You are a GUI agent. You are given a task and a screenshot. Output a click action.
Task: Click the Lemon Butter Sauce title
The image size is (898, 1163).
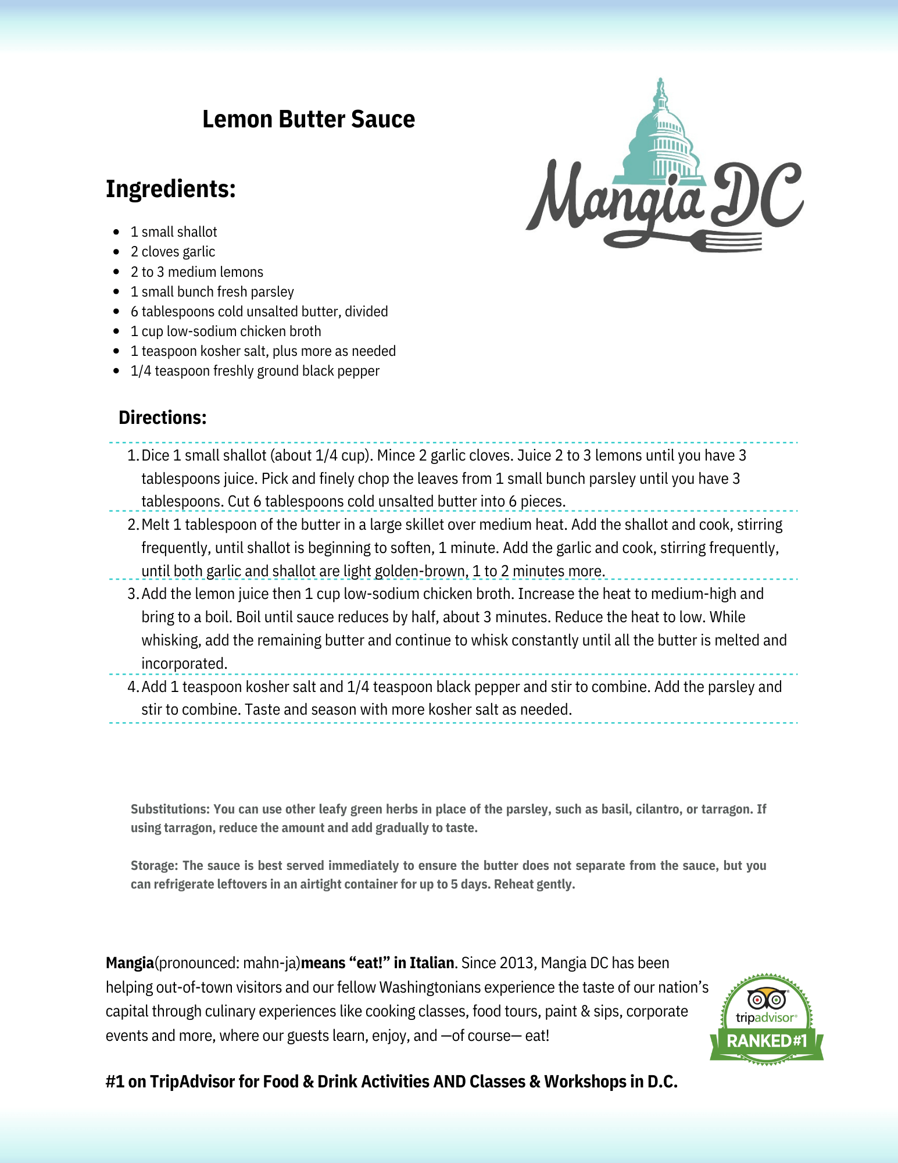pos(308,119)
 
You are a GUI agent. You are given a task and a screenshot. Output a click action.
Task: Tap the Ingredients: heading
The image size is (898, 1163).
pos(170,189)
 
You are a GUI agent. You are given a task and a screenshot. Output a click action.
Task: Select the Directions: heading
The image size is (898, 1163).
pos(162,418)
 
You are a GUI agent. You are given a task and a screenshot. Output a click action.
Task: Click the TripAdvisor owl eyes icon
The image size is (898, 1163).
pos(766,999)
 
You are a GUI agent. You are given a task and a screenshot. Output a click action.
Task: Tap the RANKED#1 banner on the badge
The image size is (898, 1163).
pos(767,1040)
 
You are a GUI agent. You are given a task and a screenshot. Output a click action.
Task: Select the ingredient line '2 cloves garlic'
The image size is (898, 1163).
pos(173,252)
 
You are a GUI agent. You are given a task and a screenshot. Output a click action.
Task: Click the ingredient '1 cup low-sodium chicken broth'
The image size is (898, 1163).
pos(226,331)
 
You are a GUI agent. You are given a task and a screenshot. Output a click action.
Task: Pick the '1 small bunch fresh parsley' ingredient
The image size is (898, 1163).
pos(212,292)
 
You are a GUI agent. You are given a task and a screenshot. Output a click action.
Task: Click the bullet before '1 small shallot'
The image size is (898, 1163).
pos(117,232)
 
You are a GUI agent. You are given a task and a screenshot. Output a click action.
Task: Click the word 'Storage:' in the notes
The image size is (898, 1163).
pos(154,865)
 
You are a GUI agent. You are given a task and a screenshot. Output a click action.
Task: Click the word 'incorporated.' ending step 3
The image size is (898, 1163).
pos(184,663)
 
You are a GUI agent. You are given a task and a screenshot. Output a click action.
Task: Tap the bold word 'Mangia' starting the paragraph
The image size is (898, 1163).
pos(130,963)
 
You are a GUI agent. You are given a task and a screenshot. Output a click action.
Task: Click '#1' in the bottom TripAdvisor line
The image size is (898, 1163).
pos(115,1082)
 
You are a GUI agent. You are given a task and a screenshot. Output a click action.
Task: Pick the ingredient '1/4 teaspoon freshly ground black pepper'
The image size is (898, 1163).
pos(255,371)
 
